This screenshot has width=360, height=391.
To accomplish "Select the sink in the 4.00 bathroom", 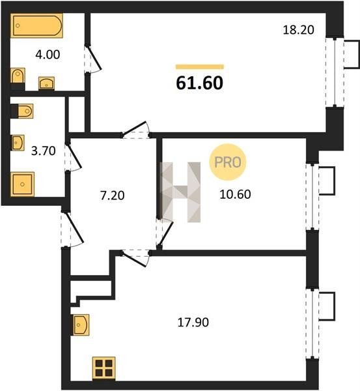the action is pyautogui.click(x=46, y=83).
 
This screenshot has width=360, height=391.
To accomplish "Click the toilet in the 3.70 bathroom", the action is pyautogui.click(x=22, y=111).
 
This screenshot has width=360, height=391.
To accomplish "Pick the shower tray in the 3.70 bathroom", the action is pyautogui.click(x=22, y=184).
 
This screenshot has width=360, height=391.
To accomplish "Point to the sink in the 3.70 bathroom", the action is pyautogui.click(x=18, y=143).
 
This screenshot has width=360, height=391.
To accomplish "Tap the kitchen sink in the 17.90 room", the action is pyautogui.click(x=80, y=325).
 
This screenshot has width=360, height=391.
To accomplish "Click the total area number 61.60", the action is pyautogui.click(x=200, y=83).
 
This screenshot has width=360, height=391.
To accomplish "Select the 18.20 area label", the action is pyautogui.click(x=298, y=30).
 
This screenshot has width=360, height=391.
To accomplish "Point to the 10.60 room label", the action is pyautogui.click(x=235, y=194).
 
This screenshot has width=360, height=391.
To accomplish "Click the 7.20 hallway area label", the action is pyautogui.click(x=113, y=195).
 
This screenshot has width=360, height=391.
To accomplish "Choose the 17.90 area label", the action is pyautogui.click(x=193, y=323).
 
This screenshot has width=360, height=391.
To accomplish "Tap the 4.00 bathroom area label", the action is pyautogui.click(x=48, y=55).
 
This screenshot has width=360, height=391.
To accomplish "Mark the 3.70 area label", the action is pyautogui.click(x=44, y=151).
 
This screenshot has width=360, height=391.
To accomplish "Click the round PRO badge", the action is pyautogui.click(x=227, y=162).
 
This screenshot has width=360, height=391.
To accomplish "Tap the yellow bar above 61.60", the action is pyautogui.click(x=200, y=66).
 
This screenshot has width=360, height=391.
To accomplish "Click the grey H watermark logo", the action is pyautogui.click(x=181, y=192).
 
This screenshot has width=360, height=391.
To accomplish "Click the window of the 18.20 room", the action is pyautogui.click(x=335, y=72).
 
